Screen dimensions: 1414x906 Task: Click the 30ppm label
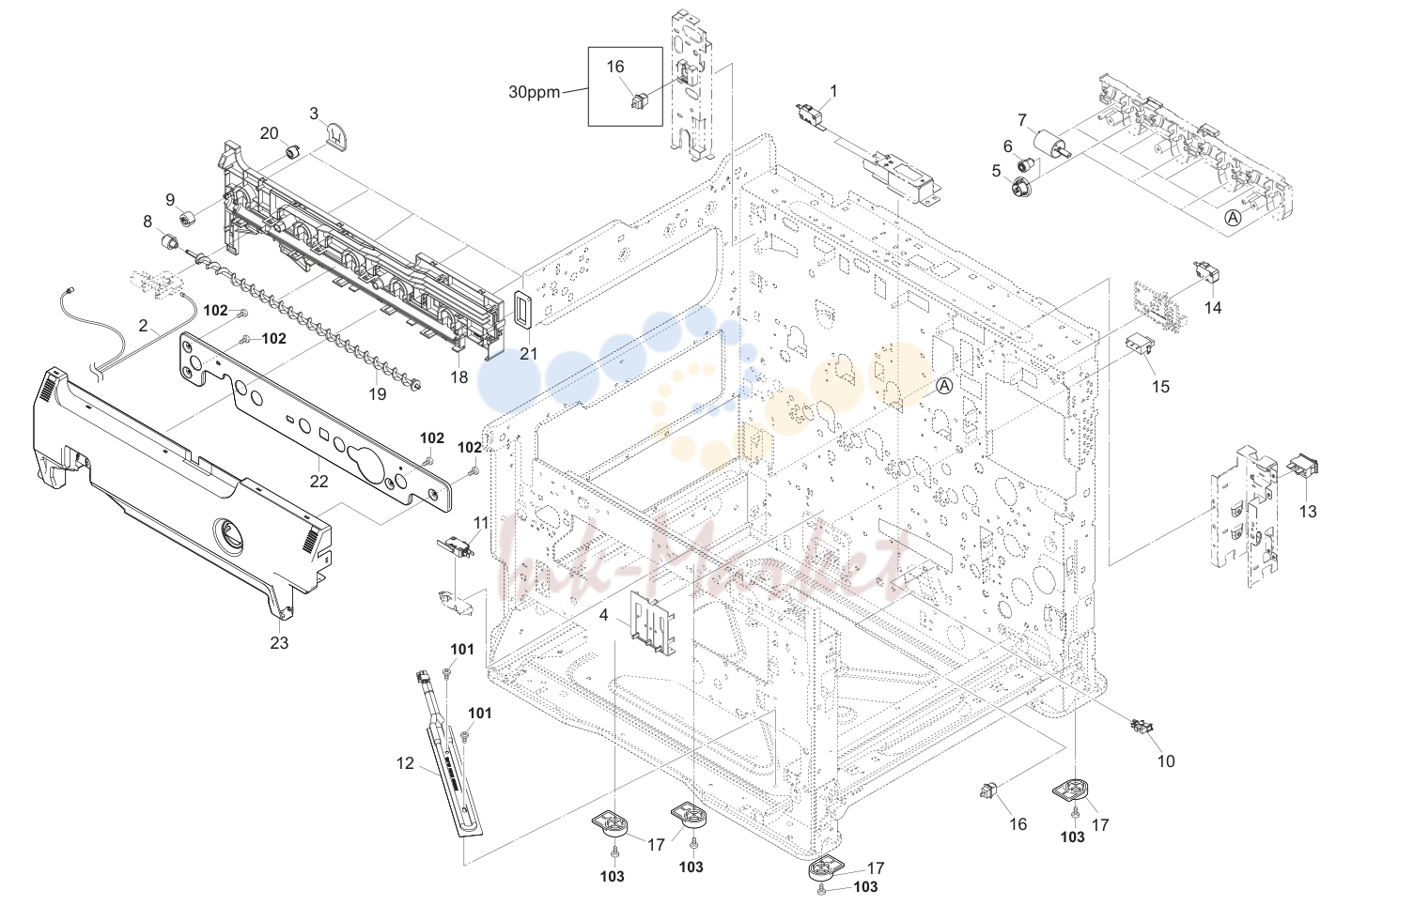point(534,92)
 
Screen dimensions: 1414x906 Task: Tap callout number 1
point(833,91)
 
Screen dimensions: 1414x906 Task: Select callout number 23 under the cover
point(279,642)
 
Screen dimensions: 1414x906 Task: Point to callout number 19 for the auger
point(378,393)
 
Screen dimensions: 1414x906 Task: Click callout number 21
point(528,354)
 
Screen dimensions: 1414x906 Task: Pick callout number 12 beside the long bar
point(405,763)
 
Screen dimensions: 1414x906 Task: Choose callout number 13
point(1308,511)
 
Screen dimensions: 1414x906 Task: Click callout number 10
point(1166,761)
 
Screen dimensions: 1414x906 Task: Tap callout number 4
point(603,615)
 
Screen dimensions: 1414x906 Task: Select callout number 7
point(1022,119)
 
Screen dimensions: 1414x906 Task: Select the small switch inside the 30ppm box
point(639,101)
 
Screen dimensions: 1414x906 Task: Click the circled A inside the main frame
point(943,385)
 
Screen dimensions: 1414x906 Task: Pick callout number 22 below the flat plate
point(319,482)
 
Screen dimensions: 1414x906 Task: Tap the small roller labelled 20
point(292,152)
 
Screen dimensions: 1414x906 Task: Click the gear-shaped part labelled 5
point(1020,188)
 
